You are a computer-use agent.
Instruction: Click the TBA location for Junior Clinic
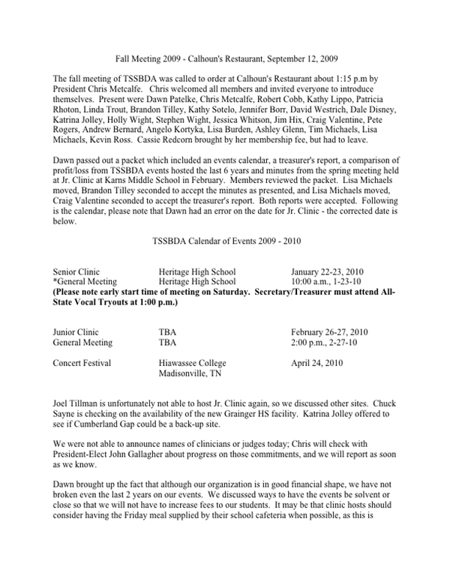click(168, 331)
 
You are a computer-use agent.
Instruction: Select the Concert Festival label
click(82, 362)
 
